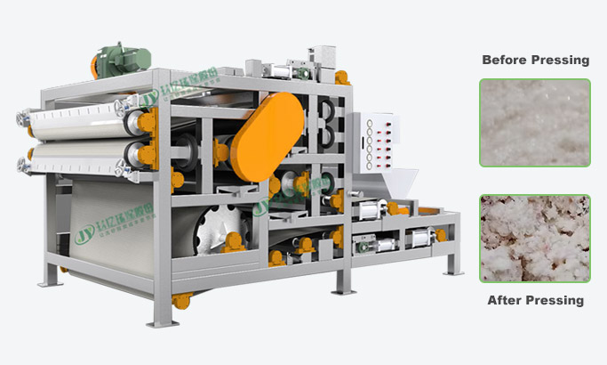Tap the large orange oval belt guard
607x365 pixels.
(x=267, y=134)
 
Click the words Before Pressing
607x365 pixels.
(x=535, y=61)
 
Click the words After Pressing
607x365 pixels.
(x=535, y=300)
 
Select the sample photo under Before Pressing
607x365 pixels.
(x=535, y=122)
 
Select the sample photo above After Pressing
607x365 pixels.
(x=535, y=239)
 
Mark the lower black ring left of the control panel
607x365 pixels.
(x=326, y=134)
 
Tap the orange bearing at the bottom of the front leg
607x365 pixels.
(x=181, y=300)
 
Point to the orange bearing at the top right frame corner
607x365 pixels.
(x=342, y=78)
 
